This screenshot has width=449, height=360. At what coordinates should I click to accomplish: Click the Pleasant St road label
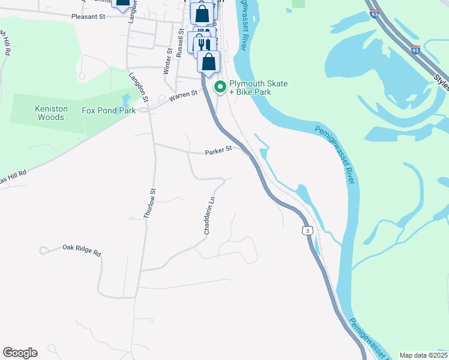[88, 17]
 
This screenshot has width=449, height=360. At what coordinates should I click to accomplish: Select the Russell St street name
[179, 42]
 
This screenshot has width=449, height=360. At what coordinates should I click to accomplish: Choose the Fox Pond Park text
[109, 111]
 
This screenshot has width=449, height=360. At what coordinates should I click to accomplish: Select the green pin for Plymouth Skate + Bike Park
[220, 88]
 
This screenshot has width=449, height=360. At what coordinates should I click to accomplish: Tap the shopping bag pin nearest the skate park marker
[208, 62]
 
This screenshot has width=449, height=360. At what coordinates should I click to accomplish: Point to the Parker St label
[218, 152]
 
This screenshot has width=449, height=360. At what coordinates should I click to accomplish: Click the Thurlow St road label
[150, 203]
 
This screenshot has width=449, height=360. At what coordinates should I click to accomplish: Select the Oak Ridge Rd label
[82, 249]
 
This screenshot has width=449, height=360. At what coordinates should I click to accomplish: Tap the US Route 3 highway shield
[307, 231]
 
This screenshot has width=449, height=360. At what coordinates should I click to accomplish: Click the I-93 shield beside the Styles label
[416, 50]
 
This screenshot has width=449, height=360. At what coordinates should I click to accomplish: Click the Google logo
[20, 353]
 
